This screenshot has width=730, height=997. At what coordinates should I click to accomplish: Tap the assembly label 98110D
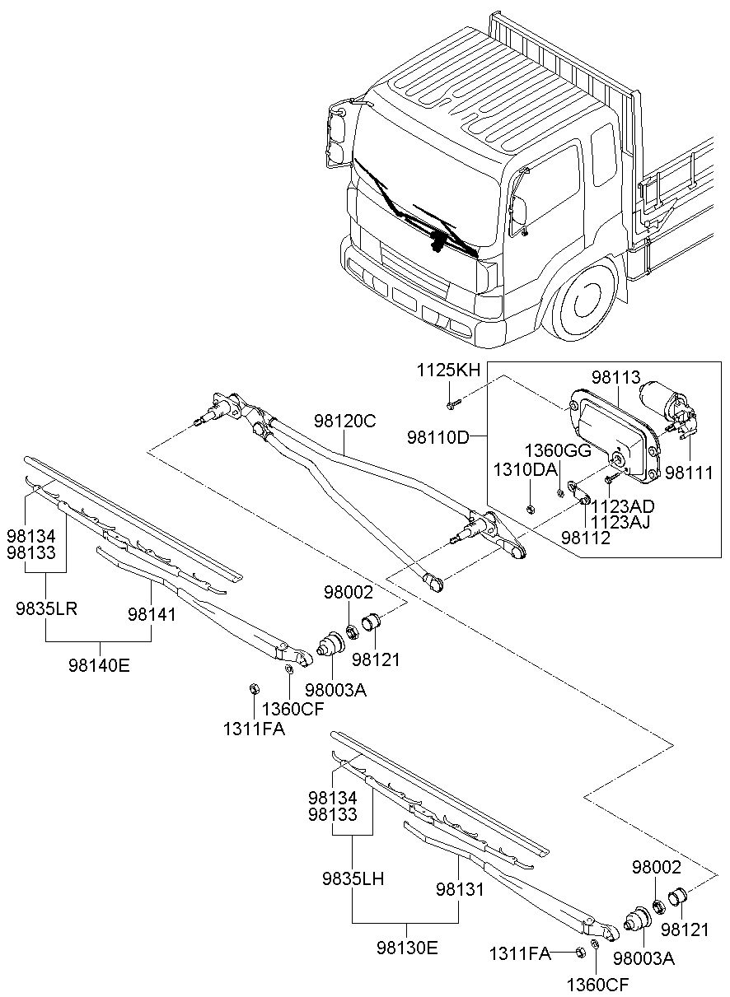pos(438,436)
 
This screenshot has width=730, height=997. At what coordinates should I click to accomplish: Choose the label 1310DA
pos(524,470)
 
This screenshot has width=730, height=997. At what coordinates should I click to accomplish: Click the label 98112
pos(586,538)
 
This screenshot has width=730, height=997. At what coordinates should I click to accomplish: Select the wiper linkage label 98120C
pos(344,421)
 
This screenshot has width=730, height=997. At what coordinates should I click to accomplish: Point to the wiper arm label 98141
pos(152,614)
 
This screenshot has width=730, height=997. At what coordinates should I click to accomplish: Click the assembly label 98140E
pos(99,664)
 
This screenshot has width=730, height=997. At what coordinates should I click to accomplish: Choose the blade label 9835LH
pos(353,878)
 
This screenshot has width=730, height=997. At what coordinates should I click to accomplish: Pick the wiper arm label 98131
pos(460,890)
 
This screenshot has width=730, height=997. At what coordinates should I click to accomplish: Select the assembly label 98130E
pos(406,947)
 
